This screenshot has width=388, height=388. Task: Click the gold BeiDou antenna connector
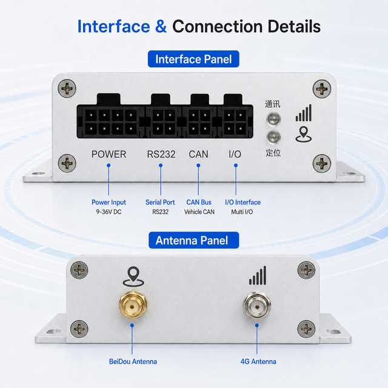pyautogui.click(x=133, y=305)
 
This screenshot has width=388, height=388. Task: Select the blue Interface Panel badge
pyautogui.click(x=193, y=59)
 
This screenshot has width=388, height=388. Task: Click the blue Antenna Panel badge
pyautogui.click(x=194, y=240)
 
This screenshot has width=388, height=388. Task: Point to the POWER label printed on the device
pyautogui.click(x=109, y=154)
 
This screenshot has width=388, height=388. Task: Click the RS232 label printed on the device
pyautogui.click(x=161, y=154)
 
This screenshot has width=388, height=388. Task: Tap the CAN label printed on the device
pyautogui.click(x=198, y=154)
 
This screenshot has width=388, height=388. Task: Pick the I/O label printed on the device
pyautogui.click(x=235, y=154)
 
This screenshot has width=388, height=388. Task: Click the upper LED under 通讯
pyautogui.click(x=273, y=119)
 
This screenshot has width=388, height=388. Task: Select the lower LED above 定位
pyautogui.click(x=273, y=137)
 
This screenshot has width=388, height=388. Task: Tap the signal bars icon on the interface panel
pyautogui.click(x=304, y=113)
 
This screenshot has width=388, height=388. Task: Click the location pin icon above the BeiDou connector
pyautogui.click(x=133, y=276)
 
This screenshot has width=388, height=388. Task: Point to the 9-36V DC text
pyautogui.click(x=109, y=212)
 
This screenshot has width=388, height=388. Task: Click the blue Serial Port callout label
pyautogui.click(x=160, y=202)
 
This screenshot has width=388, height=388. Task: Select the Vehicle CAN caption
pyautogui.click(x=199, y=212)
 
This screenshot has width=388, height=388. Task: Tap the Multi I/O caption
pyautogui.click(x=242, y=212)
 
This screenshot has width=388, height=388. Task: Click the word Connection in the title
pyautogui.click(x=217, y=27)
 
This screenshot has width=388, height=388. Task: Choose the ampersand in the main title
pyautogui.click(x=161, y=27)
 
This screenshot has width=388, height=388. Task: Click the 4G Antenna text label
pyautogui.click(x=258, y=362)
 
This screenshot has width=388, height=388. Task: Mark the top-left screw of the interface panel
pyautogui.click(x=67, y=89)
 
